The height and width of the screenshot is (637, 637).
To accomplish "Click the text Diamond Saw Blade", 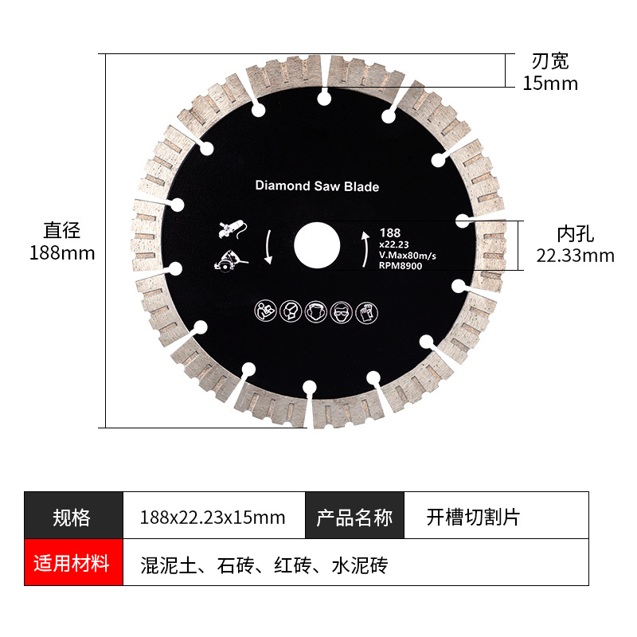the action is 317,186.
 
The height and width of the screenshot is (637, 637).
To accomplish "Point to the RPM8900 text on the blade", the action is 401,266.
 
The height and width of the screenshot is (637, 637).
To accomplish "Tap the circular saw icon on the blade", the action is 230,260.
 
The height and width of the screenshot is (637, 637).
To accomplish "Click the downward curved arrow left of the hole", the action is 269,247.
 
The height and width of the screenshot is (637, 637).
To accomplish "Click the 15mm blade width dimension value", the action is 550,83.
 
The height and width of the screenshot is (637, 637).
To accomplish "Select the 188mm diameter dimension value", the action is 62,253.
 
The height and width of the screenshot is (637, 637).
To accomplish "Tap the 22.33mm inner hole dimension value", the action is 575,255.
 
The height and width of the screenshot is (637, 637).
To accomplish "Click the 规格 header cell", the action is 72,518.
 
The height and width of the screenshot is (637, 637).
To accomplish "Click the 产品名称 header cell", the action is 355,518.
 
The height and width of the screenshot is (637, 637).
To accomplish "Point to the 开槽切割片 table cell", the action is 472,518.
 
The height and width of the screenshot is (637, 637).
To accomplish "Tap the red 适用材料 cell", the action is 72,565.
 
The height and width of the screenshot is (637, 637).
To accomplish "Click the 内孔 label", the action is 575,233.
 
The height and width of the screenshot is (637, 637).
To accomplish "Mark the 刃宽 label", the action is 550,61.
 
